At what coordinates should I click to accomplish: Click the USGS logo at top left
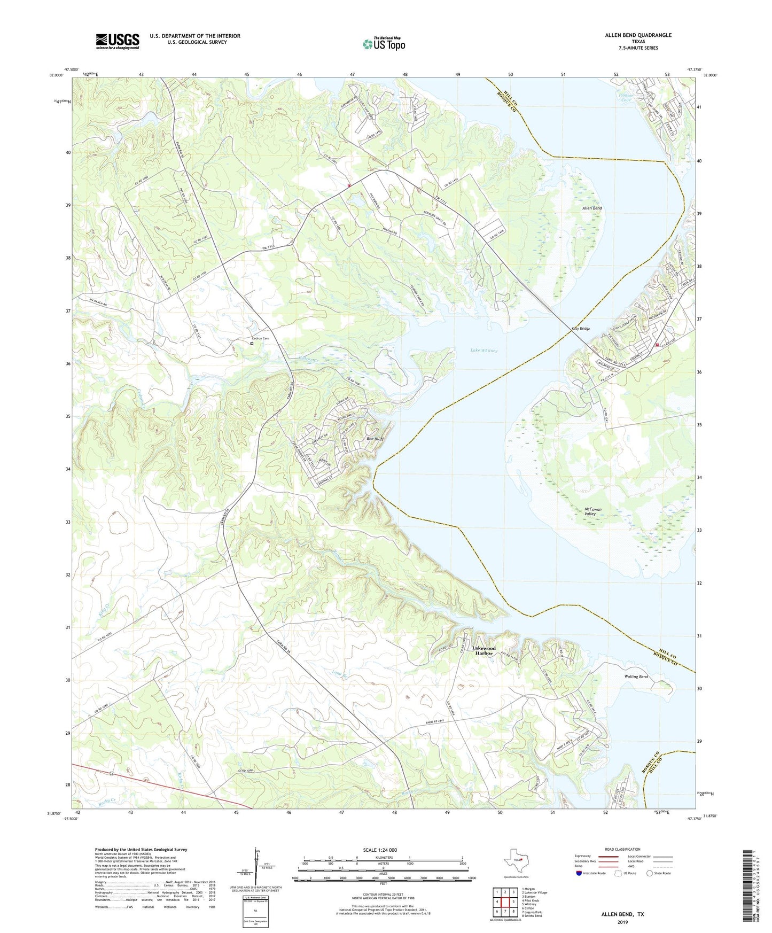click(118, 41)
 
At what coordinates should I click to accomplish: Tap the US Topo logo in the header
click(384, 44)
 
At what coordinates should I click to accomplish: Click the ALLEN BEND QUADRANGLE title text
click(638, 35)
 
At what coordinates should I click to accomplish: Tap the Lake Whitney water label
click(484, 351)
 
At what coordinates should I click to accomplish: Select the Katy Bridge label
click(581, 329)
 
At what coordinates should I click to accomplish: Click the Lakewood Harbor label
click(484, 650)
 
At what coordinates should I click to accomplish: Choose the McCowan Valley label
click(592, 511)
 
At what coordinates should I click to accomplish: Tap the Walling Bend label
click(636, 677)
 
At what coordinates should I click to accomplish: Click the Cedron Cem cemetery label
click(261, 338)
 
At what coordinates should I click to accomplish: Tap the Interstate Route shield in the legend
click(579, 873)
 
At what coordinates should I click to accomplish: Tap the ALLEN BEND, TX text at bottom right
click(622, 914)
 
